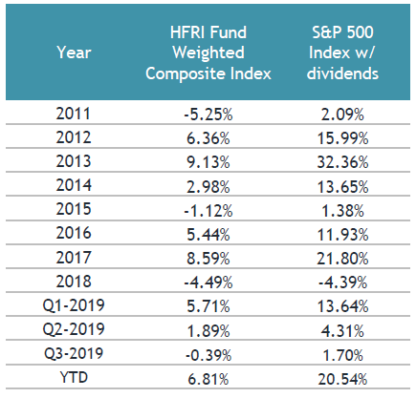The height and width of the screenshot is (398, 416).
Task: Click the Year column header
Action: pyautogui.click(x=74, y=52)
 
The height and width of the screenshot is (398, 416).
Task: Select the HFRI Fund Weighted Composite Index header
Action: pyautogui.click(x=208, y=52)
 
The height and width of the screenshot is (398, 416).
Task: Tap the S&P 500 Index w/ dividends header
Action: pyautogui.click(x=342, y=52)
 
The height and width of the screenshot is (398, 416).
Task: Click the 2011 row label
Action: pyautogui.click(x=74, y=114)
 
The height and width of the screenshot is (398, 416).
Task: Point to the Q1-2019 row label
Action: pyautogui.click(x=74, y=305)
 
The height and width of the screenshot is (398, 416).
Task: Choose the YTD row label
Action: pyautogui.click(x=74, y=377)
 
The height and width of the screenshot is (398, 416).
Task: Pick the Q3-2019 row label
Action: pyautogui.click(x=74, y=353)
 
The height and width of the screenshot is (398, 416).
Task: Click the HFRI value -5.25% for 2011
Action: pyautogui.click(x=208, y=115)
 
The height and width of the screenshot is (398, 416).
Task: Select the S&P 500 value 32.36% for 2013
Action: pyautogui.click(x=342, y=162)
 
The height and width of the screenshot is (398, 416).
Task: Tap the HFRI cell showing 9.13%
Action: pyautogui.click(x=208, y=162)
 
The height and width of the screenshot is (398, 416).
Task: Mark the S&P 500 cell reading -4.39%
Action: pyautogui.click(x=342, y=283)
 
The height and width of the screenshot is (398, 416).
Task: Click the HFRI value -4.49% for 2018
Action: pyautogui.click(x=208, y=283)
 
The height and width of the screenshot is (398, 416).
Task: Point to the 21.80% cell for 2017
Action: pyautogui.click(x=342, y=259)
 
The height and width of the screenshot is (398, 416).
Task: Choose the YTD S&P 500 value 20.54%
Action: pyautogui.click(x=342, y=379)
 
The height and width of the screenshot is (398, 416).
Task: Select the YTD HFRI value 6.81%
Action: pyautogui.click(x=208, y=379)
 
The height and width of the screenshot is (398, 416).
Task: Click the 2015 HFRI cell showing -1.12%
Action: pyautogui.click(x=208, y=211)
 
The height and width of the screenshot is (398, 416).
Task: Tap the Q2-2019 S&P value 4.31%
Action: pyautogui.click(x=342, y=331)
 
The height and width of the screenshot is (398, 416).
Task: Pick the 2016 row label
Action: pyautogui.click(x=74, y=233)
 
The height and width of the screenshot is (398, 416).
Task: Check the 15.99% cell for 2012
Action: pyautogui.click(x=342, y=138)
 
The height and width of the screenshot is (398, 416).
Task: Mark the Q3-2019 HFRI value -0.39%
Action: pyautogui.click(x=208, y=355)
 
